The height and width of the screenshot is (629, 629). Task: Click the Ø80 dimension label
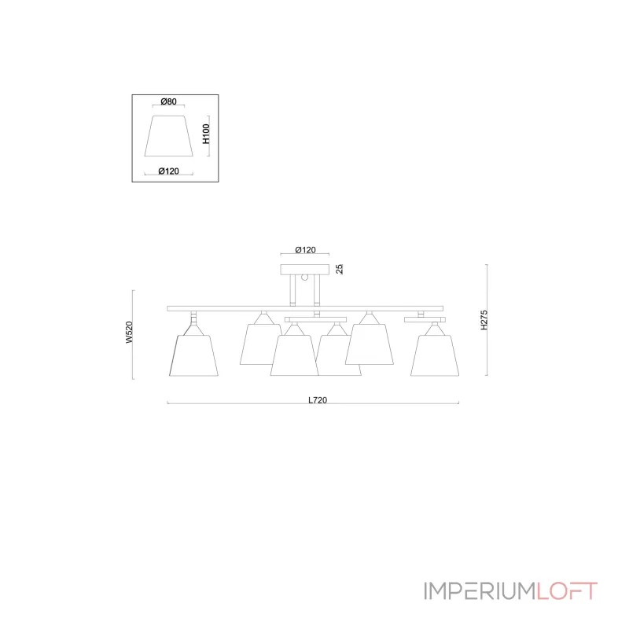tap(168, 101)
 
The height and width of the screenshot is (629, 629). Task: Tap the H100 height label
tap(206, 134)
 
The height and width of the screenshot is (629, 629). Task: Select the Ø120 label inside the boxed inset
tap(168, 171)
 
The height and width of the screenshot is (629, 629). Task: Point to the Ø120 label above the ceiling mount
tap(305, 250)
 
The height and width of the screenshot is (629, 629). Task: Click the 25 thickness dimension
tap(340, 269)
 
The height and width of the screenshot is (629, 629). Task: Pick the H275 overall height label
tap(484, 320)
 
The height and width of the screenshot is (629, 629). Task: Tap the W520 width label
tap(129, 332)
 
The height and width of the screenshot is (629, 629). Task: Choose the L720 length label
tap(318, 400)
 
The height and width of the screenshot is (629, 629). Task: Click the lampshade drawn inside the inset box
tap(169, 136)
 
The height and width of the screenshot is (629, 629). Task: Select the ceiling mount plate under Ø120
tap(305, 269)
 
